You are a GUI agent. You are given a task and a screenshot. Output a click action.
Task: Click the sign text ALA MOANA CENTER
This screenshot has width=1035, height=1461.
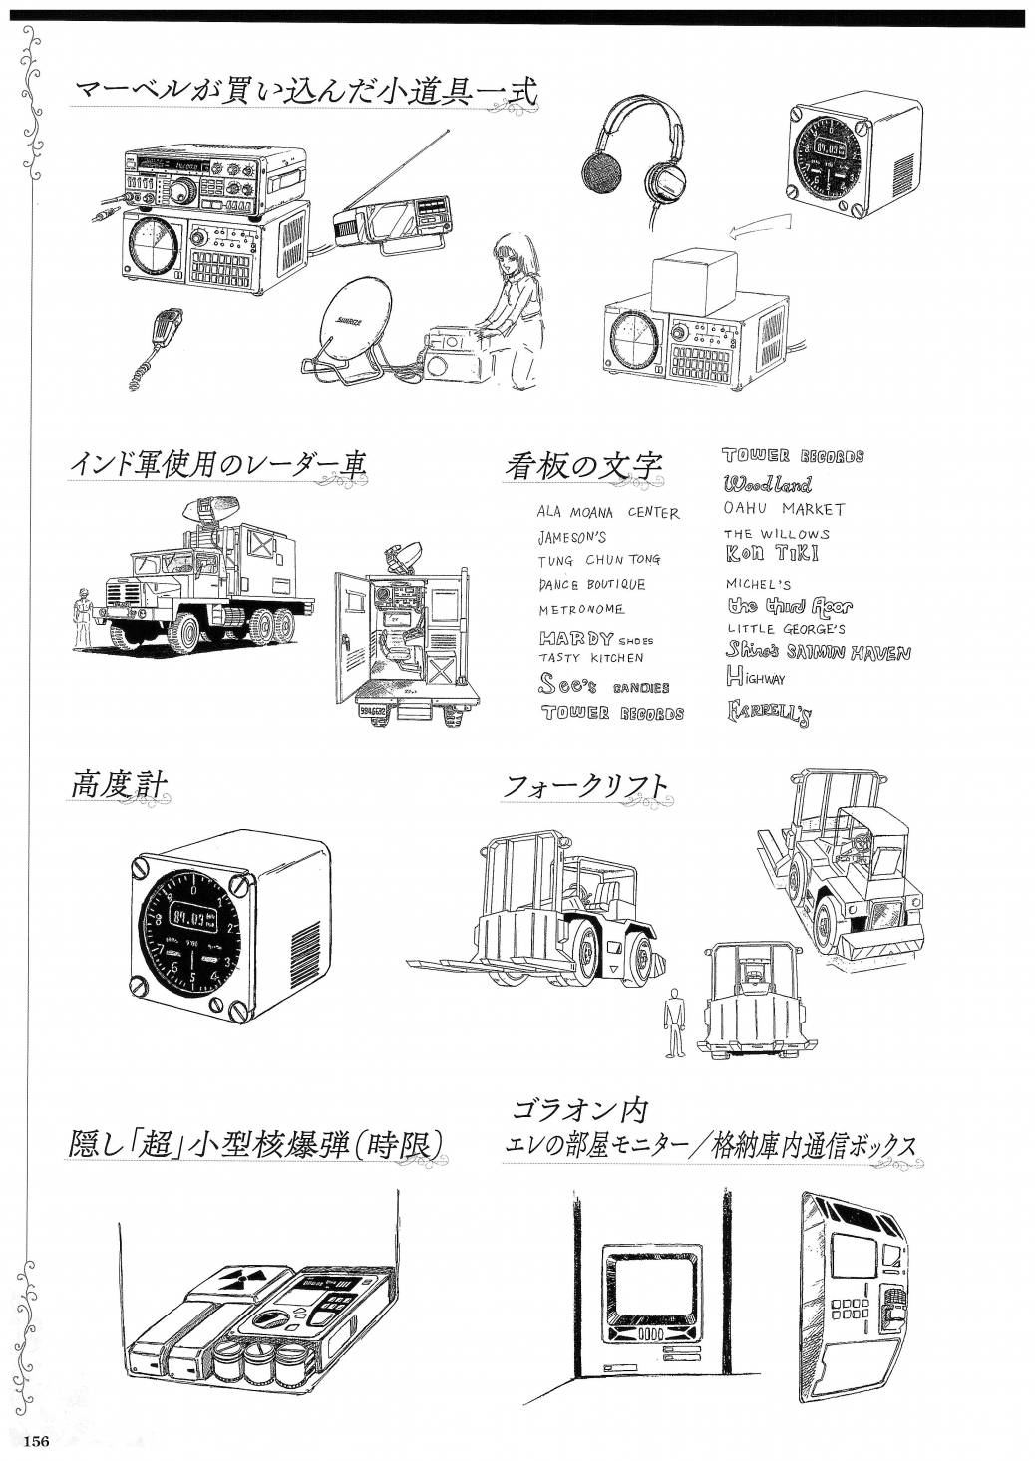607,513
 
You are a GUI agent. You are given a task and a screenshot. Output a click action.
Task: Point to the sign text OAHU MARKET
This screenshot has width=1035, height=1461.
784,509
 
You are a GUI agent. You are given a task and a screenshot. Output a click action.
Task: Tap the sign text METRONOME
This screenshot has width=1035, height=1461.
581,609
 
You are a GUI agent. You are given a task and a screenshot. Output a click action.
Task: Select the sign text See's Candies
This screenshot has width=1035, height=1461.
603,685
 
